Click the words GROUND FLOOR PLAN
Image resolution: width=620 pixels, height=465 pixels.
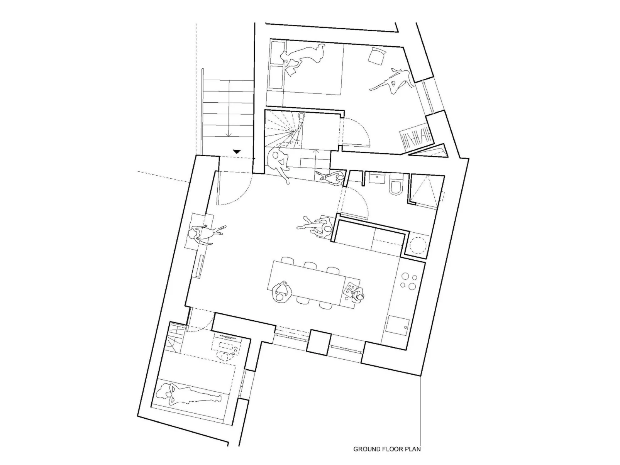pyautogui.click(x=387, y=449)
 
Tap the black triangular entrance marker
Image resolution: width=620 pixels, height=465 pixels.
pyautogui.click(x=237, y=152)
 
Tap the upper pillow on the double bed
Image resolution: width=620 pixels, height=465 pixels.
pyautogui.click(x=276, y=50)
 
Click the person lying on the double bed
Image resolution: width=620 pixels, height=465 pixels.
pyautogui.click(x=303, y=56)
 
